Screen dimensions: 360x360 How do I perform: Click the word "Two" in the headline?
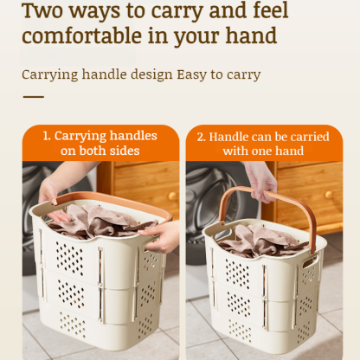tap(48, 10)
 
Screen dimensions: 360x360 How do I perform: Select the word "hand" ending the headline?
tap(250, 36)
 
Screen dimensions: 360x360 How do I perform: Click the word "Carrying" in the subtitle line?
tap(52, 74)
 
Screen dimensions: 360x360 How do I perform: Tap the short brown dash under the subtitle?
tap(33, 96)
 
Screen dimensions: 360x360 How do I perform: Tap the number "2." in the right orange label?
tap(202, 136)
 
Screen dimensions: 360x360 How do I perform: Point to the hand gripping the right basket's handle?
tap(261, 178)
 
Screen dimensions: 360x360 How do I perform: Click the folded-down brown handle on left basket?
tap(95, 200)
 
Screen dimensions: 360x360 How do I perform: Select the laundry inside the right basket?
tap(259, 241)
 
